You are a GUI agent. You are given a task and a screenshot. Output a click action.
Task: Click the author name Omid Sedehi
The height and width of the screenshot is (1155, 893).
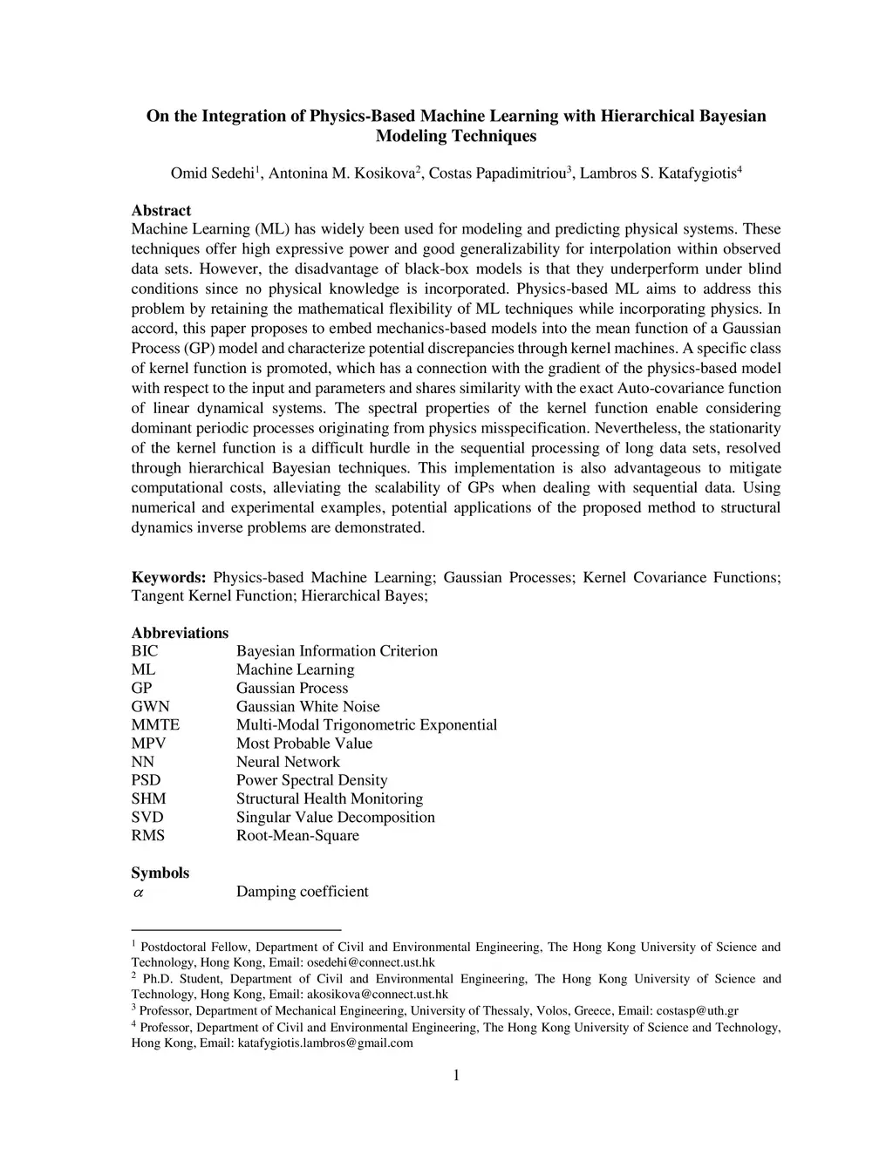click(211, 173)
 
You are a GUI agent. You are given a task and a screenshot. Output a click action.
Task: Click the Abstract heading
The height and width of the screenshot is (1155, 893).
click(161, 210)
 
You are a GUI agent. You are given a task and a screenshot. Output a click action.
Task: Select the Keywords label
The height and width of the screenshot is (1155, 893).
click(168, 577)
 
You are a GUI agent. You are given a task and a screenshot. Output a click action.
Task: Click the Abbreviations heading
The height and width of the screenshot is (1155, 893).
click(180, 633)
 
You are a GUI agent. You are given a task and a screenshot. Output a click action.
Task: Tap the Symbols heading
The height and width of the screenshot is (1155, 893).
click(160, 873)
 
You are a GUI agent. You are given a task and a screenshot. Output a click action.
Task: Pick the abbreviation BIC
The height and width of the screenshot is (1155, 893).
click(145, 651)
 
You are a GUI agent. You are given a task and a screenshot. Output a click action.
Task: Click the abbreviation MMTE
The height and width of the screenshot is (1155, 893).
click(155, 724)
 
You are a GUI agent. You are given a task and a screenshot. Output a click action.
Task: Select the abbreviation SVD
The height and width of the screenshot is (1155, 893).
click(147, 817)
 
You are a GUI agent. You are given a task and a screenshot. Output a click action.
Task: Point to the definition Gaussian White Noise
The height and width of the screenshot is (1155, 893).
click(308, 706)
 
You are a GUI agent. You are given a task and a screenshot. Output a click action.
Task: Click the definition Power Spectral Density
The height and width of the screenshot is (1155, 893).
click(311, 780)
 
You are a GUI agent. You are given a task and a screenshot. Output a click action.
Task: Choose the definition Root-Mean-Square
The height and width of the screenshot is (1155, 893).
click(297, 835)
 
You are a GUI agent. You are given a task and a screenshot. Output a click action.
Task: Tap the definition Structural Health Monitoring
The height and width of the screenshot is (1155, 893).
click(329, 798)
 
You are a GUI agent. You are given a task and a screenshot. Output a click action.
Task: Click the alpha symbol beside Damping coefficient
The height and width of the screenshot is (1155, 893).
click(138, 892)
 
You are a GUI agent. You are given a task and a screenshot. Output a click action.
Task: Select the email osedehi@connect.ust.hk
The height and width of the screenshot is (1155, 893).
click(371, 962)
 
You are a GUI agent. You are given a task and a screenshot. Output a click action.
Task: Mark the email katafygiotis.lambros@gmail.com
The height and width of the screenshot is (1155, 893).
click(325, 1043)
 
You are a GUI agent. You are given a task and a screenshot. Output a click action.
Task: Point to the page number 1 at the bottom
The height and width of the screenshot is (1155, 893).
click(455, 1075)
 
